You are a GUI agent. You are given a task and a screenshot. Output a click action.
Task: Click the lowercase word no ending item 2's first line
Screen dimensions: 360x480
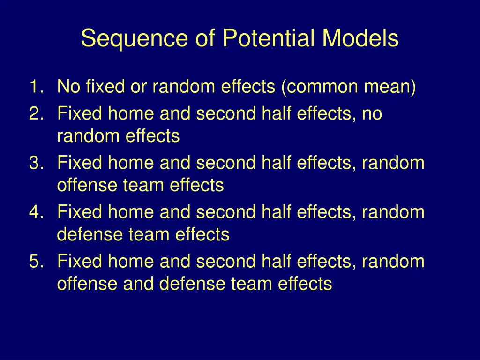pyautogui.click(x=372, y=114)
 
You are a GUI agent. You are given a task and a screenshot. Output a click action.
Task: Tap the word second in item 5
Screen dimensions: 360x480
pyautogui.click(x=226, y=261)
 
